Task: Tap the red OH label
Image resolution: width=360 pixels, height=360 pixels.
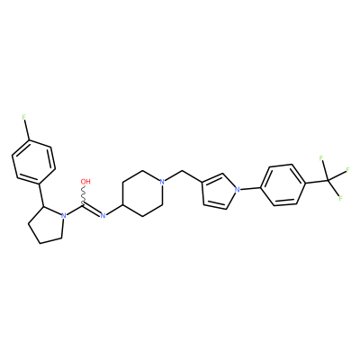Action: pyautogui.click(x=85, y=182)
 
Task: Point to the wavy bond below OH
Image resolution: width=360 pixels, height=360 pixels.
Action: pyautogui.click(x=83, y=195)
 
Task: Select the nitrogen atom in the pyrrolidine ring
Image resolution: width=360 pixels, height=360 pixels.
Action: pyautogui.click(x=63, y=215)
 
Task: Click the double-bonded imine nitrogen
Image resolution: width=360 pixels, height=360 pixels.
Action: pyautogui.click(x=103, y=215)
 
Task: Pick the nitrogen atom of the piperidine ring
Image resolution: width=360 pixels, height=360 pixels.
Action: pyautogui.click(x=162, y=182)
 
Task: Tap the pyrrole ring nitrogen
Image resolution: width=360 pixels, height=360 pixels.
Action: pyautogui.click(x=238, y=189)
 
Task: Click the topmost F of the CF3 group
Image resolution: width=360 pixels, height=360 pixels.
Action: pyautogui.click(x=321, y=158)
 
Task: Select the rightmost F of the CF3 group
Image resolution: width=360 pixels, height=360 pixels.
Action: pyautogui.click(x=348, y=170)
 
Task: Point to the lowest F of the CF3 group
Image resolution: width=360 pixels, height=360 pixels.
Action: pyautogui.click(x=340, y=198)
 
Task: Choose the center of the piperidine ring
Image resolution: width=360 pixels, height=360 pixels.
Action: pyautogui.click(x=142, y=193)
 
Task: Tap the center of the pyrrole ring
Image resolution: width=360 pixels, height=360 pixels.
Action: pyautogui.click(x=219, y=191)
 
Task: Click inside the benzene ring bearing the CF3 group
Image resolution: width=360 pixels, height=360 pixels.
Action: pyautogui.click(x=283, y=185)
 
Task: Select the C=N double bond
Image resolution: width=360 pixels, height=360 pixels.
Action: pyautogui.click(x=92, y=210)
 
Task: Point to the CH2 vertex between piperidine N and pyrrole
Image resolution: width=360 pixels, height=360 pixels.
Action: pyautogui.click(x=183, y=171)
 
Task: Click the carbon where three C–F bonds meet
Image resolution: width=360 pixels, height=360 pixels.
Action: pyautogui.click(x=328, y=180)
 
